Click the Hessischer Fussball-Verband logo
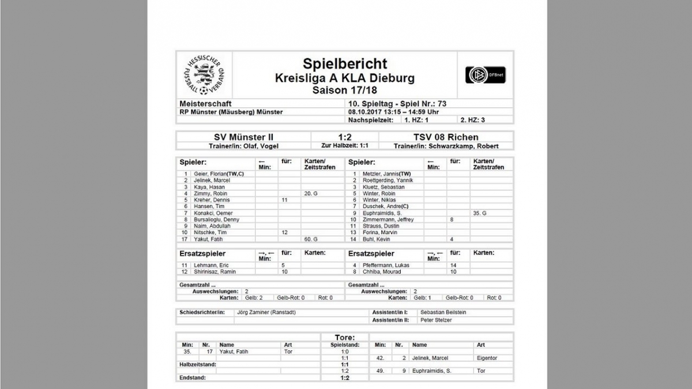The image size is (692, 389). click(x=205, y=75)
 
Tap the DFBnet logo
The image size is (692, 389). click(x=485, y=75)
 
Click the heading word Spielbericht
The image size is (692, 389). click(x=345, y=63)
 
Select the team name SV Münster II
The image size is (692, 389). click(x=243, y=137)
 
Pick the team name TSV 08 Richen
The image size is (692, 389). click(x=446, y=137)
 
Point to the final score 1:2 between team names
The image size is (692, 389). click(x=345, y=137)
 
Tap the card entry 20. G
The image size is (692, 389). click(x=311, y=193)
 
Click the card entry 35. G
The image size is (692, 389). click(x=480, y=213)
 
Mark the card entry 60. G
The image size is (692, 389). click(x=311, y=239)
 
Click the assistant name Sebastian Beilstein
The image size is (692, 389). click(x=443, y=312)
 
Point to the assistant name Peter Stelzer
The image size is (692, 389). click(x=436, y=320)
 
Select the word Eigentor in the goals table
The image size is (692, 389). click(x=487, y=358)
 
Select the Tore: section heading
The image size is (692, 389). click(x=345, y=338)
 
